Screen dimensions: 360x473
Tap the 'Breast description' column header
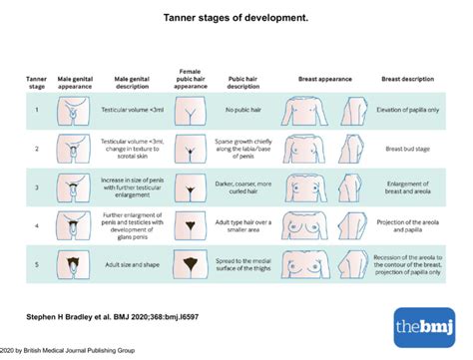(406, 77)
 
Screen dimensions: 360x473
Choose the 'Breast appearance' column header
(326, 77)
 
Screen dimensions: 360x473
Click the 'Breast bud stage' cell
(406, 149)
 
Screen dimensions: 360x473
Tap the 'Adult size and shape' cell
(131, 266)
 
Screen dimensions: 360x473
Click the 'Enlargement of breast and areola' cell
(406, 187)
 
